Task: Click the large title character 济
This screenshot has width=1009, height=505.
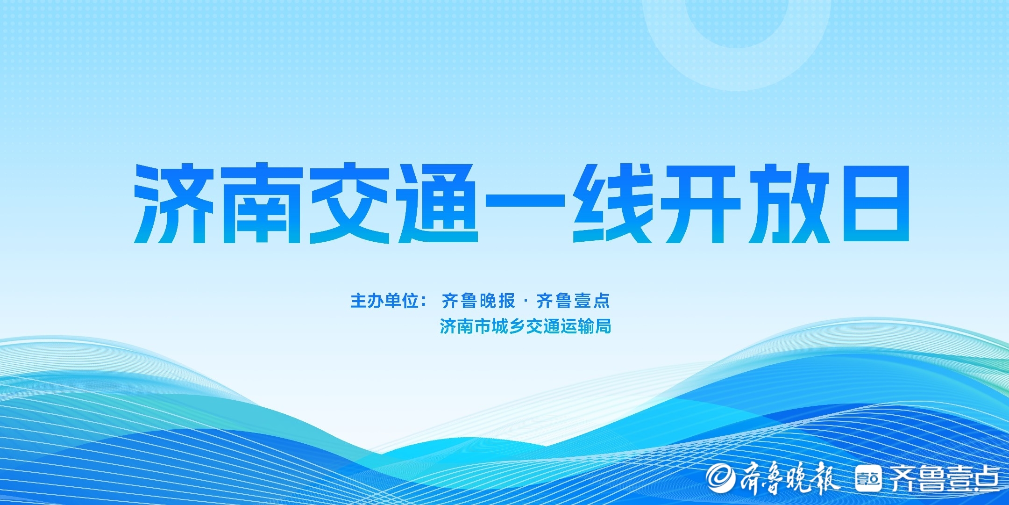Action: click(x=174, y=203)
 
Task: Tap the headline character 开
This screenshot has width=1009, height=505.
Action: click(x=701, y=203)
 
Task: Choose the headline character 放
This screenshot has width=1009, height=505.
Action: click(x=789, y=203)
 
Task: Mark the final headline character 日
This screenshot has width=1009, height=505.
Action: click(x=876, y=203)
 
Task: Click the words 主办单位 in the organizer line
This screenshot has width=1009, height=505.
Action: click(x=384, y=301)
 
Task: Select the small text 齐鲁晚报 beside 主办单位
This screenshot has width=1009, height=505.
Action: click(x=478, y=301)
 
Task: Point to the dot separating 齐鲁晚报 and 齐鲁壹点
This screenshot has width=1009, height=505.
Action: click(x=526, y=301)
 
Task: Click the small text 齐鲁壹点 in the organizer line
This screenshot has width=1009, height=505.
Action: click(x=573, y=301)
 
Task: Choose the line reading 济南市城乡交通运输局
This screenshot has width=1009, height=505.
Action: click(x=526, y=326)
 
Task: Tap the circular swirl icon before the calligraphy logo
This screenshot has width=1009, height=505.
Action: click(x=720, y=477)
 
